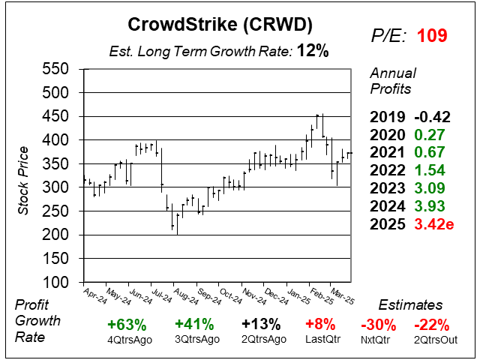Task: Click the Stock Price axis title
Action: (x=23, y=175)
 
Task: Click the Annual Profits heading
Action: (x=391, y=81)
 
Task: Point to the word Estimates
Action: (x=410, y=306)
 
